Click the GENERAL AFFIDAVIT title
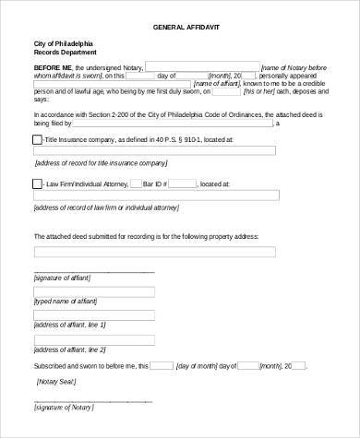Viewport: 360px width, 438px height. (x=179, y=28)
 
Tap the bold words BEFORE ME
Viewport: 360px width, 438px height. (x=51, y=67)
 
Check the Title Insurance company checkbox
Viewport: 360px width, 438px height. (x=37, y=139)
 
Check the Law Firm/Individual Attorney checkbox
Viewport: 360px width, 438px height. (x=37, y=183)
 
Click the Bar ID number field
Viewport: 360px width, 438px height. (x=182, y=183)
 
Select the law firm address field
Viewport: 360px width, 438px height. (x=156, y=195)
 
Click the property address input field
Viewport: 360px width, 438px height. (x=154, y=251)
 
